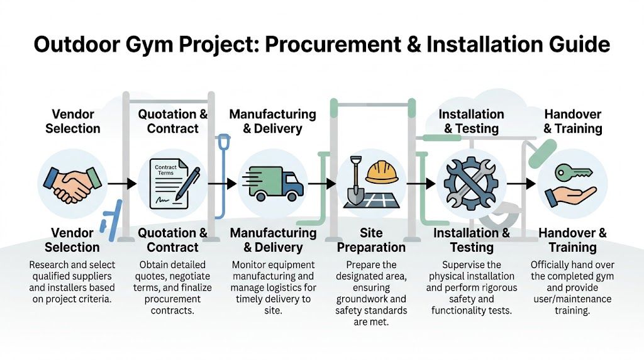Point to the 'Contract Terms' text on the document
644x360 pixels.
tap(165, 171)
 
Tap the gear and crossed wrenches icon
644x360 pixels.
tap(470, 183)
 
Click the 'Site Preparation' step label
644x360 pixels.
tap(371, 240)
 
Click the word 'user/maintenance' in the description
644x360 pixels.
tap(572, 299)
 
